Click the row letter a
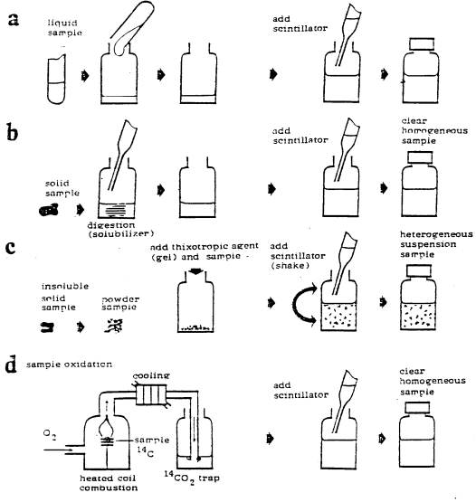point(14,18)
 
